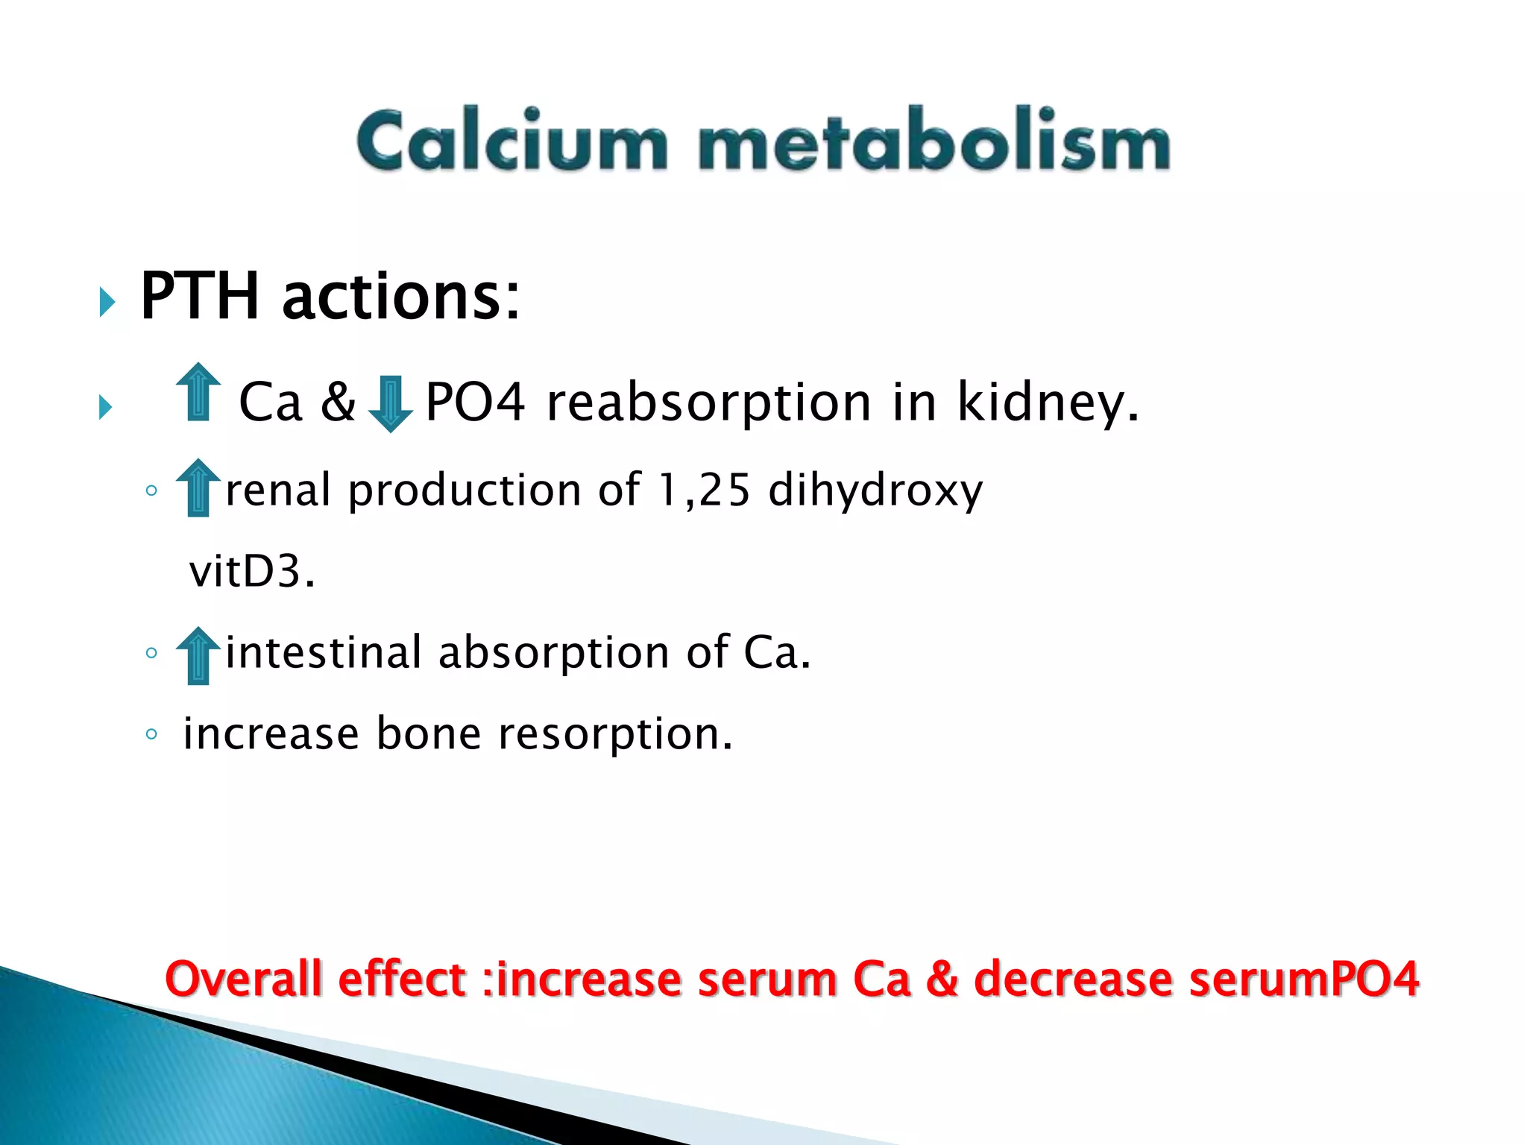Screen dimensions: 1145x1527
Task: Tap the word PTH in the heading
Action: (x=200, y=297)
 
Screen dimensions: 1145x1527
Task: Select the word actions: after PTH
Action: (x=401, y=297)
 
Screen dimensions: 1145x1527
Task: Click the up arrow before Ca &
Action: (x=198, y=392)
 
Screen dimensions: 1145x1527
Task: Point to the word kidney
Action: (x=1048, y=403)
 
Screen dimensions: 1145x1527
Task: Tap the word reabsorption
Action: (x=708, y=403)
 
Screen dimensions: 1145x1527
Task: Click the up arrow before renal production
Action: (x=198, y=488)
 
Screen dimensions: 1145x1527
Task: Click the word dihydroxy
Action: (x=875, y=491)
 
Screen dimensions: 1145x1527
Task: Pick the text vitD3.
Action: (x=252, y=572)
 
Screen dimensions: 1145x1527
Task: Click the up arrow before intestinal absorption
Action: (x=198, y=655)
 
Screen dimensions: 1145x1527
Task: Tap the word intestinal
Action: (x=324, y=652)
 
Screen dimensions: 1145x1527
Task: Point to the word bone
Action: (x=428, y=734)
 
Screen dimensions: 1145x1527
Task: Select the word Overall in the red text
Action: (x=243, y=979)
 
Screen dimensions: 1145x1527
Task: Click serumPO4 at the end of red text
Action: (x=1304, y=979)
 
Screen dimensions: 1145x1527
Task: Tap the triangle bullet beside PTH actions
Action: (x=107, y=303)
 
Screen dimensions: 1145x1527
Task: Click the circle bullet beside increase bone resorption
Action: (x=151, y=734)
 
